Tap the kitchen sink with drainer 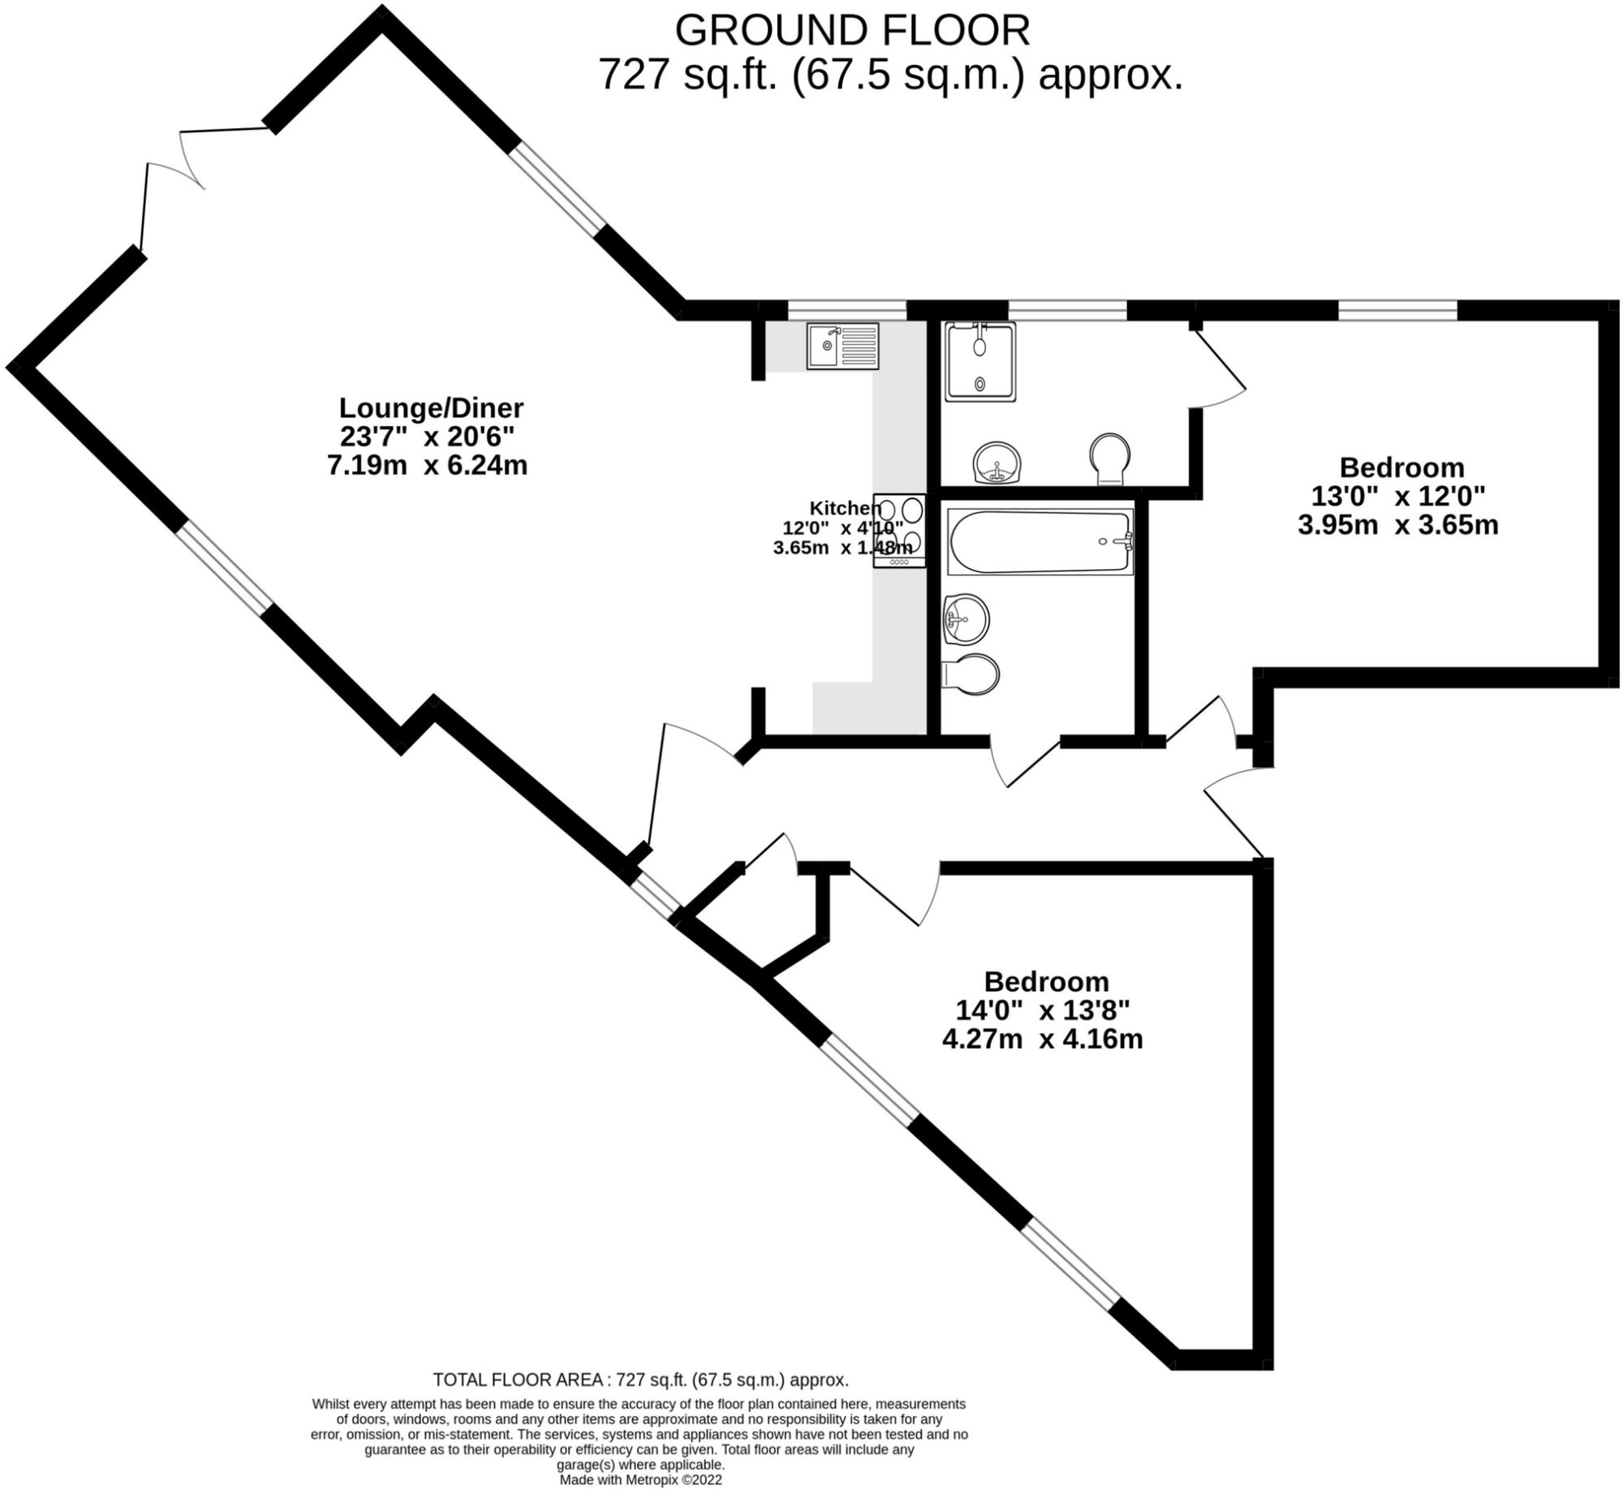point(842,347)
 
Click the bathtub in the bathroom point(1040,542)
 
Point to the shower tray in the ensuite point(979,362)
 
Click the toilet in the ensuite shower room point(1109,459)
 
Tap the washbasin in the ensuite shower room point(997,463)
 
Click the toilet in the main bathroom point(972,674)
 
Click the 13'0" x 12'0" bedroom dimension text point(1397,496)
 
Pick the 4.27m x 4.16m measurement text point(1042,1039)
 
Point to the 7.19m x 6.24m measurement point(428,466)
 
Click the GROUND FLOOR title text point(852,32)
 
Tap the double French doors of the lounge point(174,174)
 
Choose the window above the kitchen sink point(846,309)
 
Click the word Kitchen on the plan point(844,508)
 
